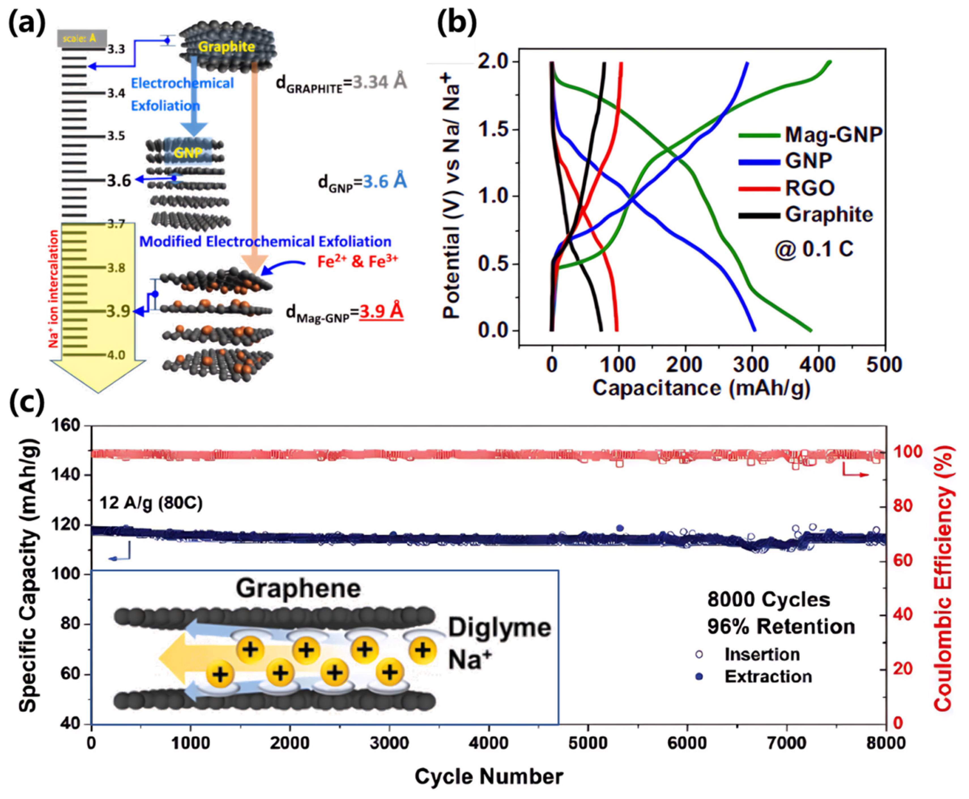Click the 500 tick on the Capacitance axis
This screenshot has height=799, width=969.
click(884, 365)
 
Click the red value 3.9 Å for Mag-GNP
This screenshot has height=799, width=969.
click(381, 312)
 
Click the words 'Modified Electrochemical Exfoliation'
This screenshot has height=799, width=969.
click(265, 241)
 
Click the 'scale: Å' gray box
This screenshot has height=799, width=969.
click(82, 38)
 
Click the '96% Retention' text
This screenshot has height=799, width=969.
click(781, 627)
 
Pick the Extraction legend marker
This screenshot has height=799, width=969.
click(699, 677)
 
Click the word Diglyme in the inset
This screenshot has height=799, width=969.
click(499, 627)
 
